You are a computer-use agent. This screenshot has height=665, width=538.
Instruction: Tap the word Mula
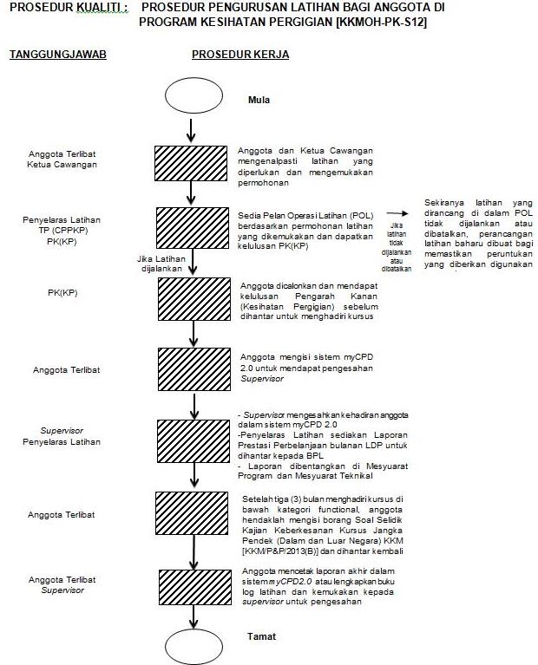(x=259, y=100)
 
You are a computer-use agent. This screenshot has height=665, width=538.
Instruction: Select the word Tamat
(x=261, y=636)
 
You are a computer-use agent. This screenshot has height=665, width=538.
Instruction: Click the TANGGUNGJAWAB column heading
(x=57, y=55)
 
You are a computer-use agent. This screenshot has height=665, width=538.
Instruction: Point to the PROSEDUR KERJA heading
(x=240, y=55)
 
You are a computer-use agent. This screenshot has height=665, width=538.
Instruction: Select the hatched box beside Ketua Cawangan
(x=191, y=162)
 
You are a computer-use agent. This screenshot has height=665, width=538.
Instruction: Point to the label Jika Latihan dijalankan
(x=161, y=263)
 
